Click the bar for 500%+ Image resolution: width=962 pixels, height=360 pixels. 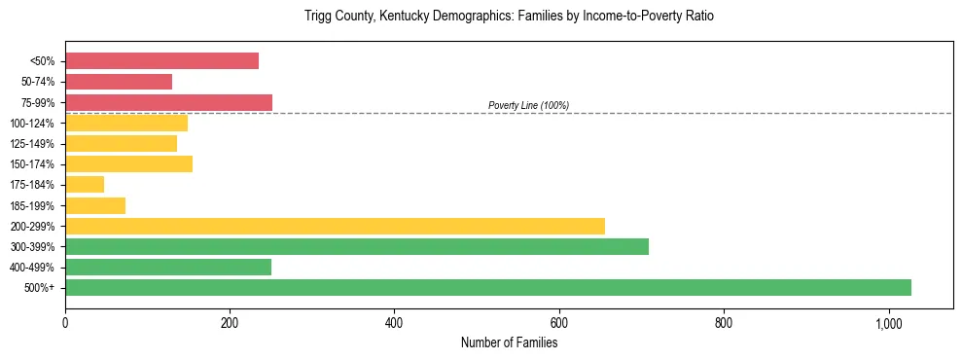pos(487,287)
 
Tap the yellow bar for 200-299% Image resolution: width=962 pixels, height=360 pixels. pos(335,226)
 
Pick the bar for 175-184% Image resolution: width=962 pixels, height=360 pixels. pos(85,185)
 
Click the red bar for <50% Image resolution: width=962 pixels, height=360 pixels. pos(161,61)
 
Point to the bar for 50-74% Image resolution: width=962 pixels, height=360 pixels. pos(119,82)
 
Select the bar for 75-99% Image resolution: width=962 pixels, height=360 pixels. pos(168,102)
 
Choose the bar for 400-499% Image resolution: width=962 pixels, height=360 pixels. pos(168,267)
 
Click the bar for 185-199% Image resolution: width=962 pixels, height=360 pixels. pos(95,205)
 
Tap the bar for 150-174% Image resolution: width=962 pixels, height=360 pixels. pos(128,164)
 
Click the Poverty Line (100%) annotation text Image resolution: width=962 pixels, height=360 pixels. pos(528,105)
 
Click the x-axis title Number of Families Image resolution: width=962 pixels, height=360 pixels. pos(509,342)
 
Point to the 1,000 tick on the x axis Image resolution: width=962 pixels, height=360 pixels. pos(888,323)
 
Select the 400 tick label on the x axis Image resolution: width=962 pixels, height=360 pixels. pos(394,323)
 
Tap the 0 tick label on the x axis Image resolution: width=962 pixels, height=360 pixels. pos(65,323)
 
